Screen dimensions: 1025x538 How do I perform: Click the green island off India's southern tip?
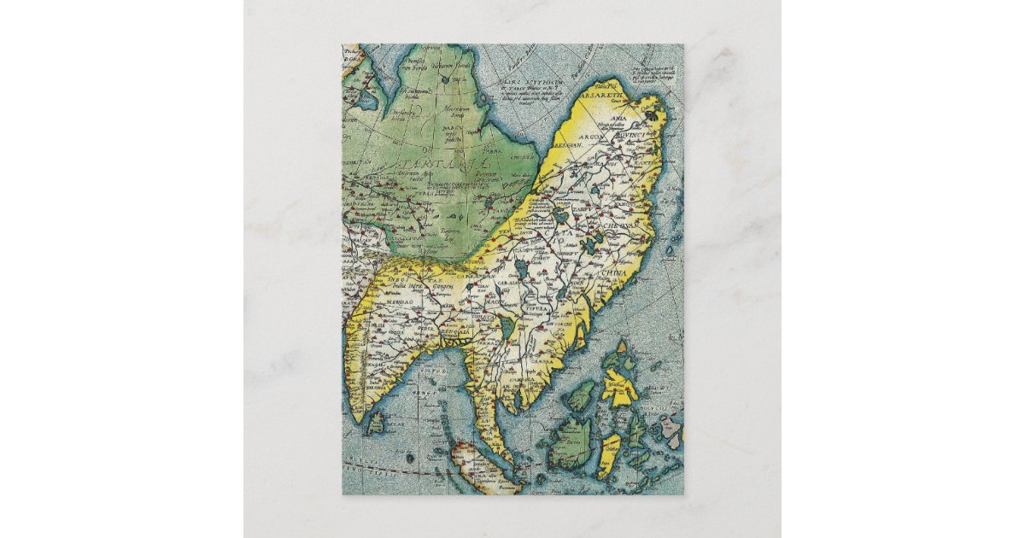(375, 419)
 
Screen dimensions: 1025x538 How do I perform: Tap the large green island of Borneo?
(571, 440)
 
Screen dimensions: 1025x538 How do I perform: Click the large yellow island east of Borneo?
(618, 384)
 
